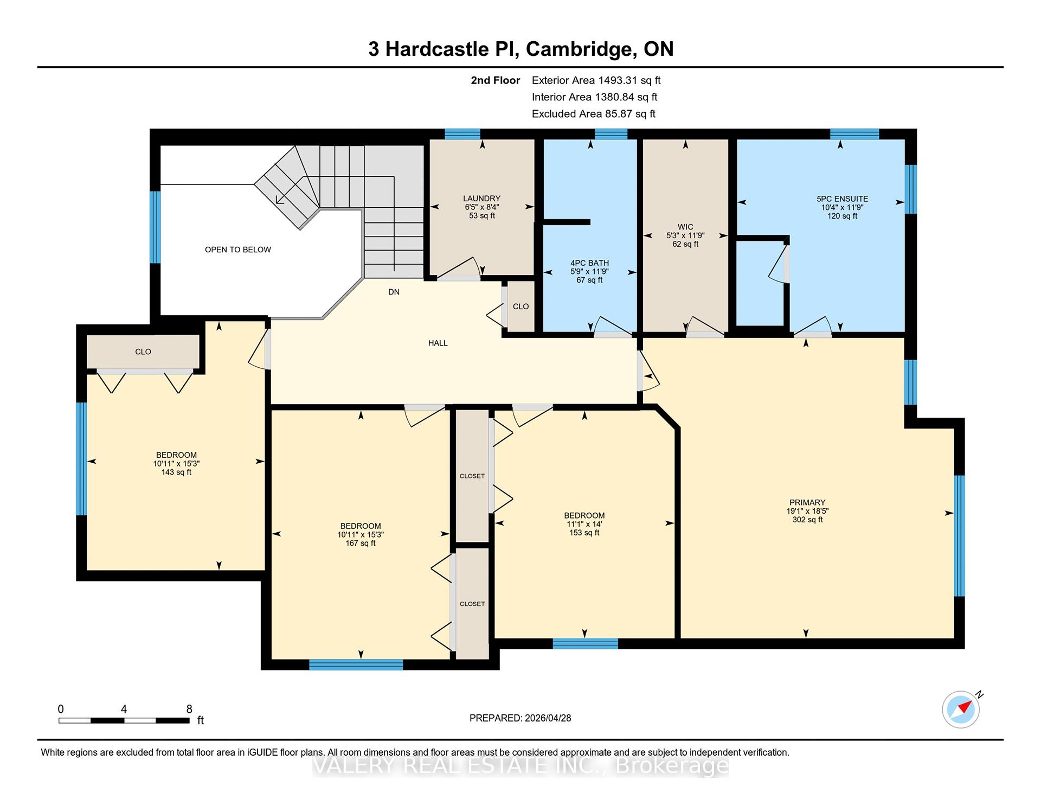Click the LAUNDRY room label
pos(481,199)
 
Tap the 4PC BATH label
pos(589,263)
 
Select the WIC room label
pos(685,227)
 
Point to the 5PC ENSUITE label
pos(842,199)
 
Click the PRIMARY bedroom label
pos(807,502)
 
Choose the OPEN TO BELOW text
pos(237,250)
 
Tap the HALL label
pos(438,343)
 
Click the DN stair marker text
pos(394,292)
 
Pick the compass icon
pos(961,709)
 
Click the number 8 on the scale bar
pos(189,709)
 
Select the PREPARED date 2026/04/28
pos(548,718)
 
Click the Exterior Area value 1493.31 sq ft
pos(629,80)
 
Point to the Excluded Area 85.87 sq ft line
pos(594,114)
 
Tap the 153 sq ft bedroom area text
pos(584,533)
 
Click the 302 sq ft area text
pos(807,520)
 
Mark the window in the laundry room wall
pos(462,134)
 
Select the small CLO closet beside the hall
pos(520,306)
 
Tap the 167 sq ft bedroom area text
pos(361,543)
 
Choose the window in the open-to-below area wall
pos(155,227)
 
